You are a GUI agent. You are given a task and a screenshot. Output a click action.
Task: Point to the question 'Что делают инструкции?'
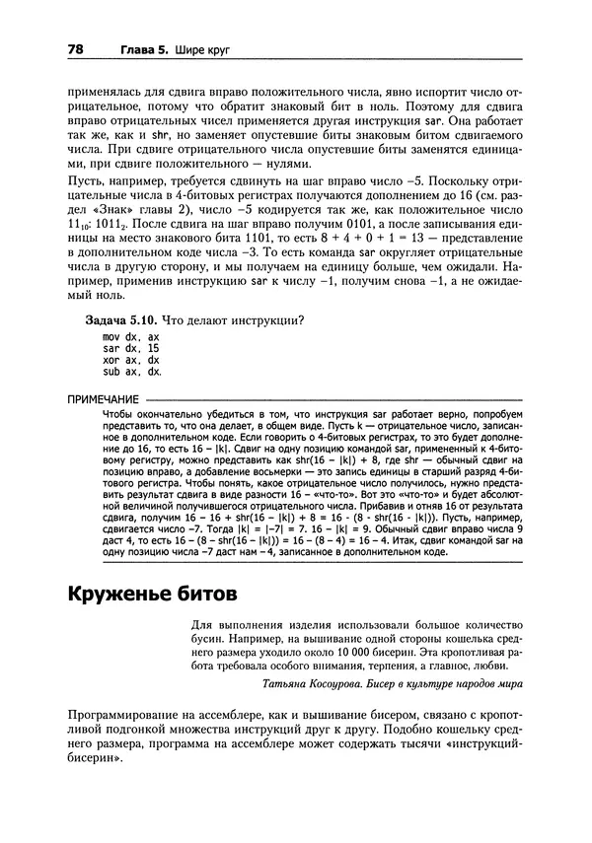(x=232, y=321)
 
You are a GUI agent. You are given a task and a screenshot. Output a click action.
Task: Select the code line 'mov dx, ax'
(x=130, y=337)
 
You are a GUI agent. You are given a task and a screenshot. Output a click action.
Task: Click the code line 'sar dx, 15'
(x=130, y=349)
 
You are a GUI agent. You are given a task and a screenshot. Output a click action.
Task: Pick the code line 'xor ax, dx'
(x=130, y=361)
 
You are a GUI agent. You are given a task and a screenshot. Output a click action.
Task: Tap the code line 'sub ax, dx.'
(x=132, y=373)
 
